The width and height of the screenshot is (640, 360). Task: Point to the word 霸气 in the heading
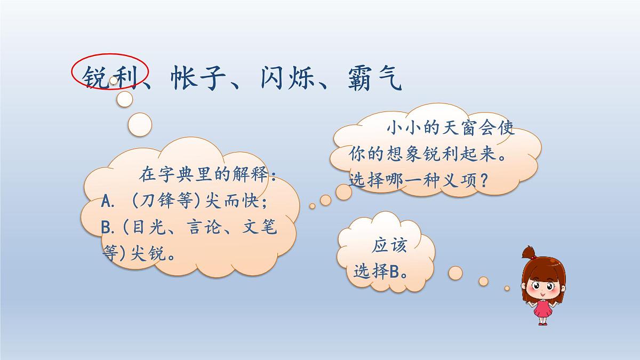tap(377, 78)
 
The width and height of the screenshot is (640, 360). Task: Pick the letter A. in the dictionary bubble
tap(109, 203)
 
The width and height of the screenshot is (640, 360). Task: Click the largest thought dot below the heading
tap(140, 124)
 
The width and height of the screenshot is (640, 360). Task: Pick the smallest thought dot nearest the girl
tap(507, 289)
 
